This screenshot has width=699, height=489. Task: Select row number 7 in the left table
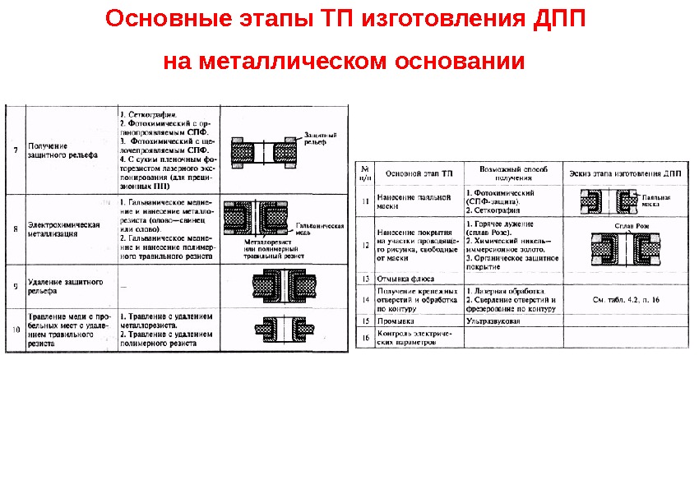tap(15, 150)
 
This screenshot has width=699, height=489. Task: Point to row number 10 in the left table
tap(15, 330)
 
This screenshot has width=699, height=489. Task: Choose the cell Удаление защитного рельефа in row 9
tap(65, 286)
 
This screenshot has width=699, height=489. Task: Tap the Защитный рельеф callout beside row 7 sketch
tap(320, 137)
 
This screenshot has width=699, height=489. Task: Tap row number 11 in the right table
tap(365, 201)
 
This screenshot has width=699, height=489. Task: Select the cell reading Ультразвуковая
tap(493, 321)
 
